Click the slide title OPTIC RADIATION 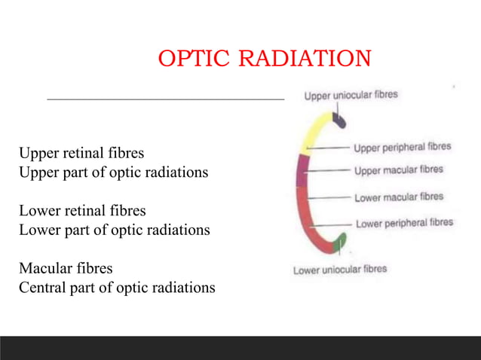point(265,58)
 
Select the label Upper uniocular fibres point(351,96)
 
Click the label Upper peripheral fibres point(403,147)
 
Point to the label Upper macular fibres point(399,171)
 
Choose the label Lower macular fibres point(399,197)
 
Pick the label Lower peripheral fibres point(404,223)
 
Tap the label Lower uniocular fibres point(340,269)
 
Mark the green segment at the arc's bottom point(339,243)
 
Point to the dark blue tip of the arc point(339,120)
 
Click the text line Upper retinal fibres point(81,155)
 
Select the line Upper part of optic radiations point(114,172)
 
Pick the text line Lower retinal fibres point(82,211)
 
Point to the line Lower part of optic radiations point(115,229)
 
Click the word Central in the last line point(43,287)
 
